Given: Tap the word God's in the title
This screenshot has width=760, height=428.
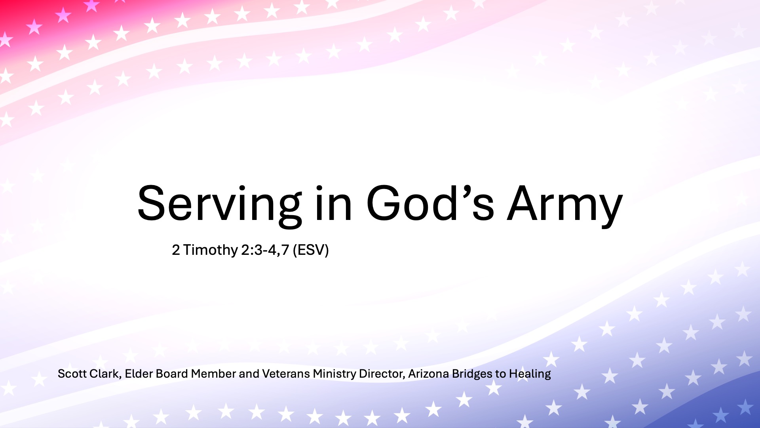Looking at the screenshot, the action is (430, 203).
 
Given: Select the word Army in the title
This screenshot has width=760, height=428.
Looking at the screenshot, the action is (565, 206).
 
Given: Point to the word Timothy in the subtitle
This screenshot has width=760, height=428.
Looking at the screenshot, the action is (210, 250).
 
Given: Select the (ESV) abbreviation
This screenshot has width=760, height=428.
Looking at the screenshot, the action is (311, 250).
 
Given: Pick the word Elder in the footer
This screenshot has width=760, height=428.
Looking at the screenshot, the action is (139, 374).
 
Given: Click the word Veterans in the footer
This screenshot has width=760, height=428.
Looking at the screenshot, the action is (286, 374).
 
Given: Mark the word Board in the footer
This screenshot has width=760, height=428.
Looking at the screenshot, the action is (172, 374).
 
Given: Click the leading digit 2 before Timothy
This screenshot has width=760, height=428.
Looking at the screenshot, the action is (176, 250).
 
